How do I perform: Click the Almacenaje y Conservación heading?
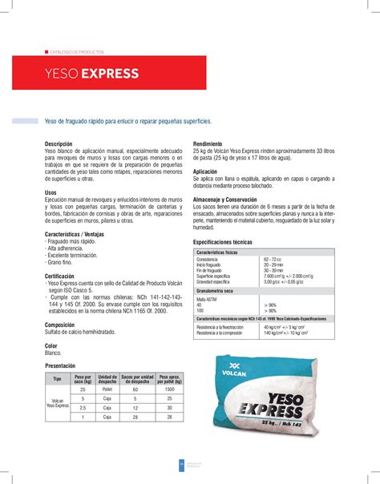(x=232, y=200)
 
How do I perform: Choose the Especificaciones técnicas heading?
(x=230, y=241)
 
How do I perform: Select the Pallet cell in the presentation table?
(x=107, y=390)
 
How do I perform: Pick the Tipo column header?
(x=58, y=378)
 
